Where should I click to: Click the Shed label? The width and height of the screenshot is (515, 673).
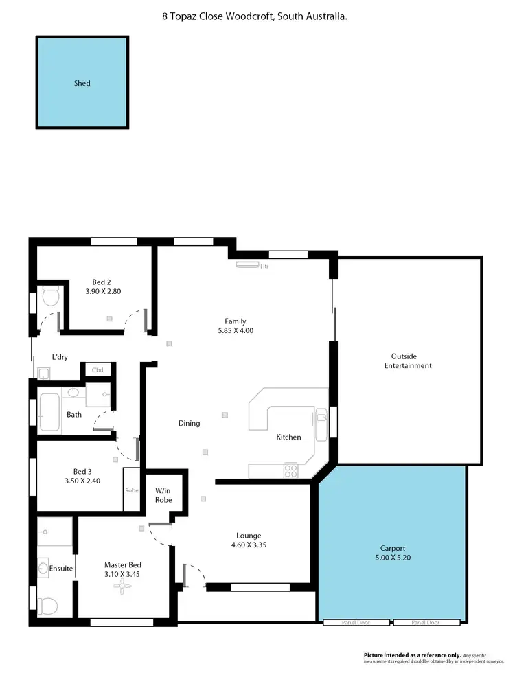tap(82, 84)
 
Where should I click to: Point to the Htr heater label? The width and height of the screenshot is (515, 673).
tap(264, 266)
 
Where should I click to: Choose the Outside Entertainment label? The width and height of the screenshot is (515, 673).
tap(411, 361)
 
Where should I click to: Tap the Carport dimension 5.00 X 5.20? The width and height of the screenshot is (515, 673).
tap(393, 558)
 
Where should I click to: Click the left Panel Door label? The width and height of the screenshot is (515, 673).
tap(356, 623)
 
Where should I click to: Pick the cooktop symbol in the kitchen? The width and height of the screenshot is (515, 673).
tap(291, 471)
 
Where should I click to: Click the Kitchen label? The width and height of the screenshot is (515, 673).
tap(288, 437)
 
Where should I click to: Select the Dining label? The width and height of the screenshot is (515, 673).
tap(190, 423)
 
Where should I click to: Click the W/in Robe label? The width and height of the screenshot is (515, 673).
tap(163, 495)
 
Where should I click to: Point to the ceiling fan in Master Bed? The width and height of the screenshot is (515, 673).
tap(124, 585)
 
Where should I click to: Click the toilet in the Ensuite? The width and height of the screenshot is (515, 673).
tap(49, 605)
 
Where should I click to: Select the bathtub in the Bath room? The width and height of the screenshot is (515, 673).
tap(50, 411)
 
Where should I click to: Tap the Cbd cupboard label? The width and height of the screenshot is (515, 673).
tap(98, 371)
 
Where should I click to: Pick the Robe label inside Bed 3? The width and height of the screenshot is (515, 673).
tap(132, 490)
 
